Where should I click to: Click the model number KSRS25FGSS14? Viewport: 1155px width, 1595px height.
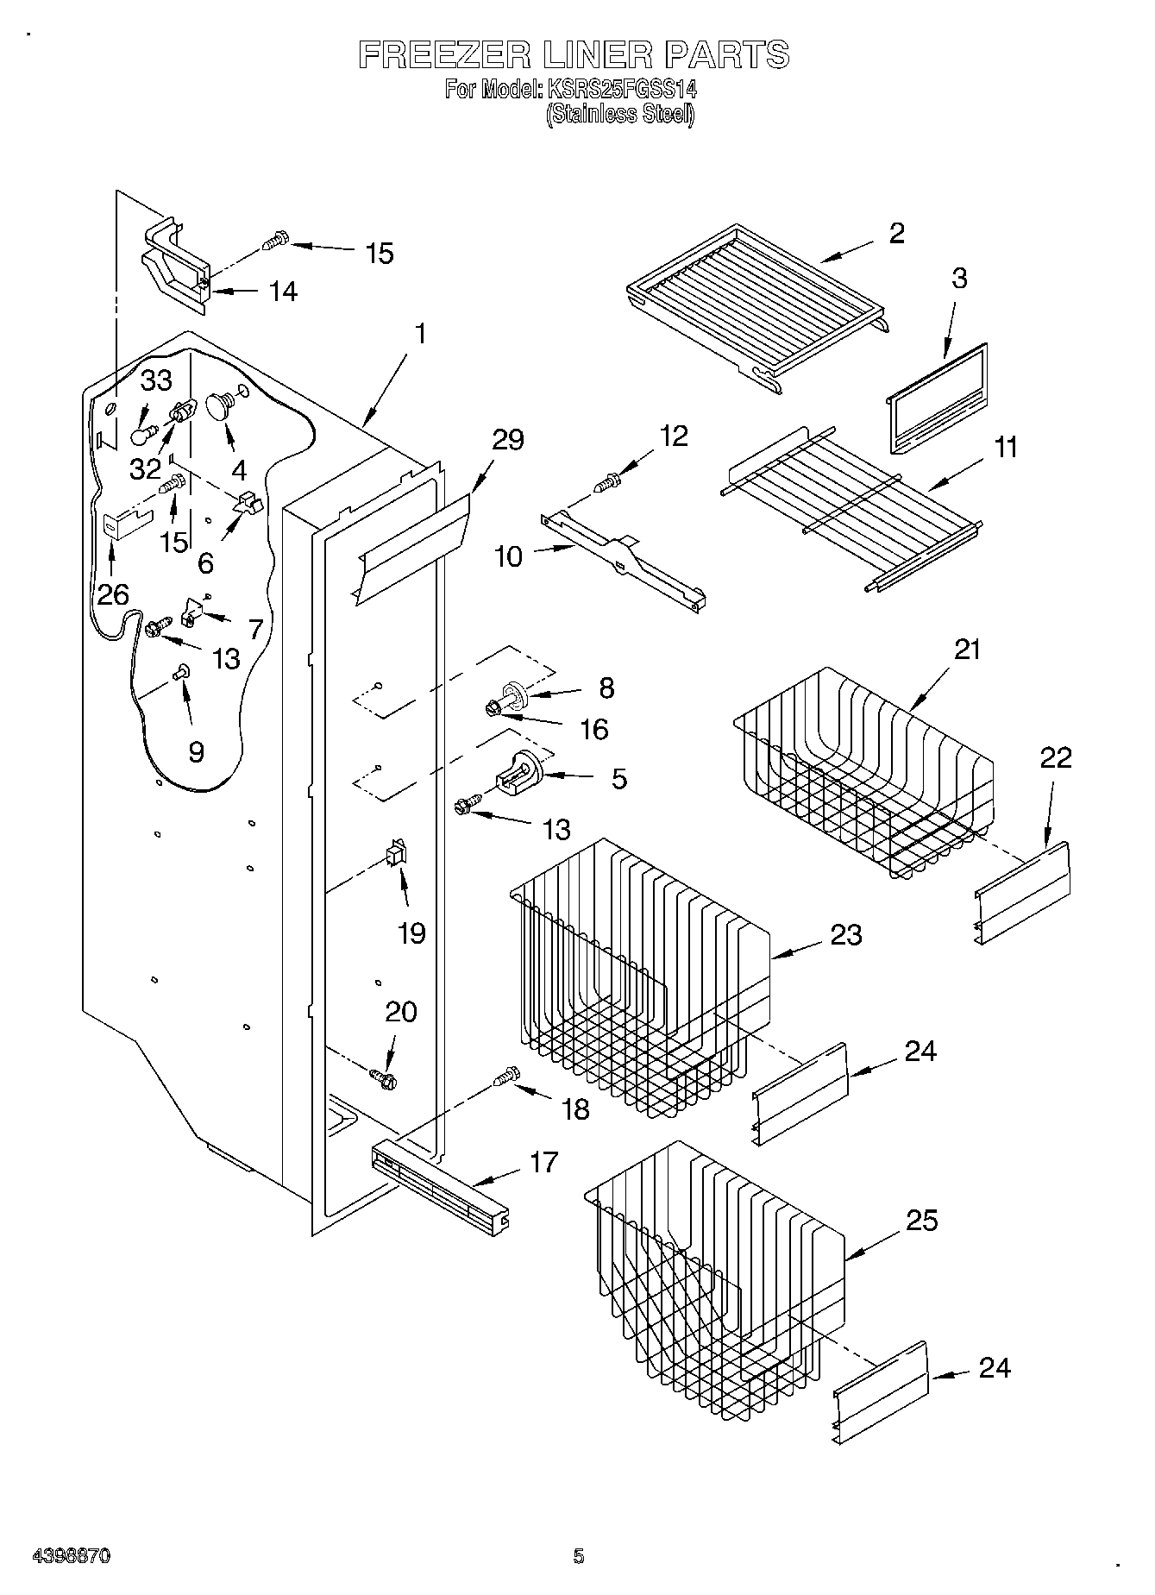[619, 89]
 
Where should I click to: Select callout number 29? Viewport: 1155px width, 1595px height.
[507, 440]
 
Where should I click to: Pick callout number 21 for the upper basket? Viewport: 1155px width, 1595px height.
[967, 649]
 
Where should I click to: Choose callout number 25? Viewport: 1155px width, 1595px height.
[921, 1221]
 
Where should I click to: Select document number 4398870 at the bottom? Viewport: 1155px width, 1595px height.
[71, 1556]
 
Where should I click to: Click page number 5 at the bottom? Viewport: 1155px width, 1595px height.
[578, 1556]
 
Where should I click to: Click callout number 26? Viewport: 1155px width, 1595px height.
[113, 594]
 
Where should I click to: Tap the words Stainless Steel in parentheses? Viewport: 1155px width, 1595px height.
[619, 113]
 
